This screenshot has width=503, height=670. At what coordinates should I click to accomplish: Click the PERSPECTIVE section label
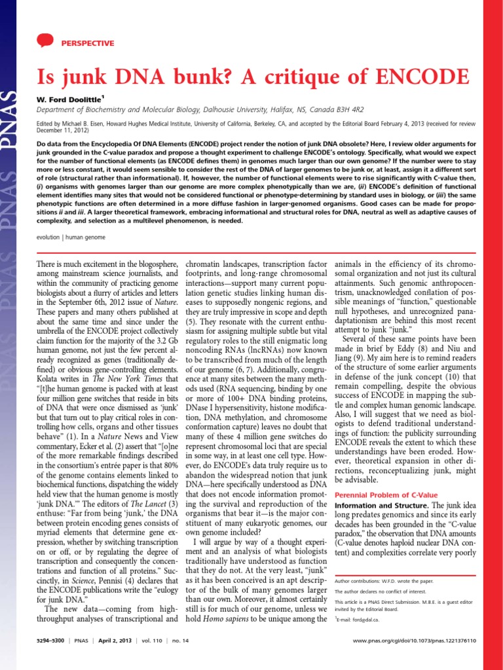pyautogui.click(x=87, y=43)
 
